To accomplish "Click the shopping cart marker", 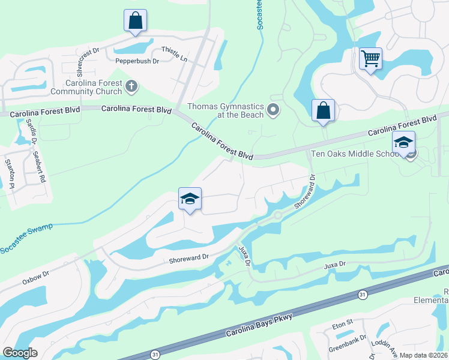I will click(370, 59).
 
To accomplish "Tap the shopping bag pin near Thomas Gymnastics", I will click(323, 110).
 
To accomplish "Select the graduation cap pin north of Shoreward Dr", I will click(190, 199).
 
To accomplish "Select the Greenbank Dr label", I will click(348, 346).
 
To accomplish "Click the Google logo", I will click(20, 352).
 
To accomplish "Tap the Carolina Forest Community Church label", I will click(86, 87).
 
